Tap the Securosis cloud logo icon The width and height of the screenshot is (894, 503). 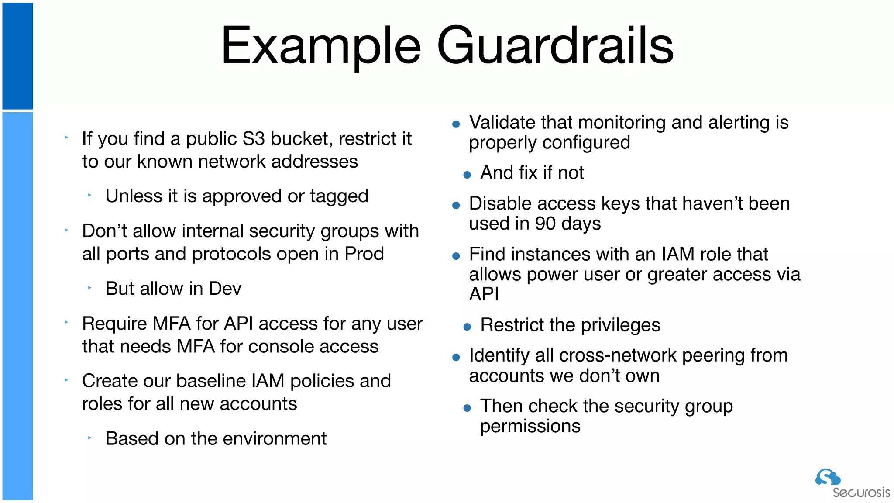pyautogui.click(x=827, y=477)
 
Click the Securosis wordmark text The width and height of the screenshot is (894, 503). pyautogui.click(x=861, y=493)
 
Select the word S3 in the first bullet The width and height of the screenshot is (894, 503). pyautogui.click(x=254, y=139)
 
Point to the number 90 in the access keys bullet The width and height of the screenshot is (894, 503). pyautogui.click(x=545, y=224)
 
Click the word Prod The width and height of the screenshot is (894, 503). pyautogui.click(x=364, y=254)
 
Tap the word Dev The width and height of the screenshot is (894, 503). pyautogui.click(x=225, y=289)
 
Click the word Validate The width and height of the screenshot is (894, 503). pyautogui.click(x=502, y=123)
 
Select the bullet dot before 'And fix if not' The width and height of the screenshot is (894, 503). pyautogui.click(x=467, y=175)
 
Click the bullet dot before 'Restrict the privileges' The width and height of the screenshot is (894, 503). pyautogui.click(x=467, y=327)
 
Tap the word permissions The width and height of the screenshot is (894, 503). pyautogui.click(x=530, y=426)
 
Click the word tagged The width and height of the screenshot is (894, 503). pyautogui.click(x=339, y=196)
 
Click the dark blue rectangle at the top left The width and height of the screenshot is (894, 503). pyautogui.click(x=17, y=56)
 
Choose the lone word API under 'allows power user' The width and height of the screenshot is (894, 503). pyautogui.click(x=484, y=294)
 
